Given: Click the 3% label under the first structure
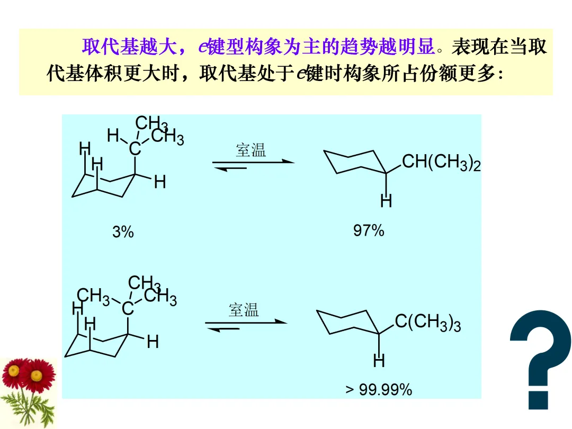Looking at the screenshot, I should [x=123, y=232].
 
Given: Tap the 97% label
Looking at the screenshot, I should [x=369, y=231].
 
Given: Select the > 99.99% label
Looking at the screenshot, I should [x=379, y=390].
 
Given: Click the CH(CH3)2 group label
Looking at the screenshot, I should [x=441, y=162].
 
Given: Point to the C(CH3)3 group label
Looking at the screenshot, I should [x=427, y=322].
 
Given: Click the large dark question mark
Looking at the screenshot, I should [x=540, y=360].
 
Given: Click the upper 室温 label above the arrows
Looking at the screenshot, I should [x=251, y=150].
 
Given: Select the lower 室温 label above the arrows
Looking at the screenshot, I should [x=244, y=310].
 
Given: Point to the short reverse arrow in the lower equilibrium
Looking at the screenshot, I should [x=222, y=329].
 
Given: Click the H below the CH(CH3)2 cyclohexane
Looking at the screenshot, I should [x=386, y=201].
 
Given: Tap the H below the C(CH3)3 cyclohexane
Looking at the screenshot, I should [x=379, y=362].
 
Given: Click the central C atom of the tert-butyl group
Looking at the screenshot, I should [x=128, y=308].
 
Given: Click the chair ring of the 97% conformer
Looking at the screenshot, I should [x=355, y=162].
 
